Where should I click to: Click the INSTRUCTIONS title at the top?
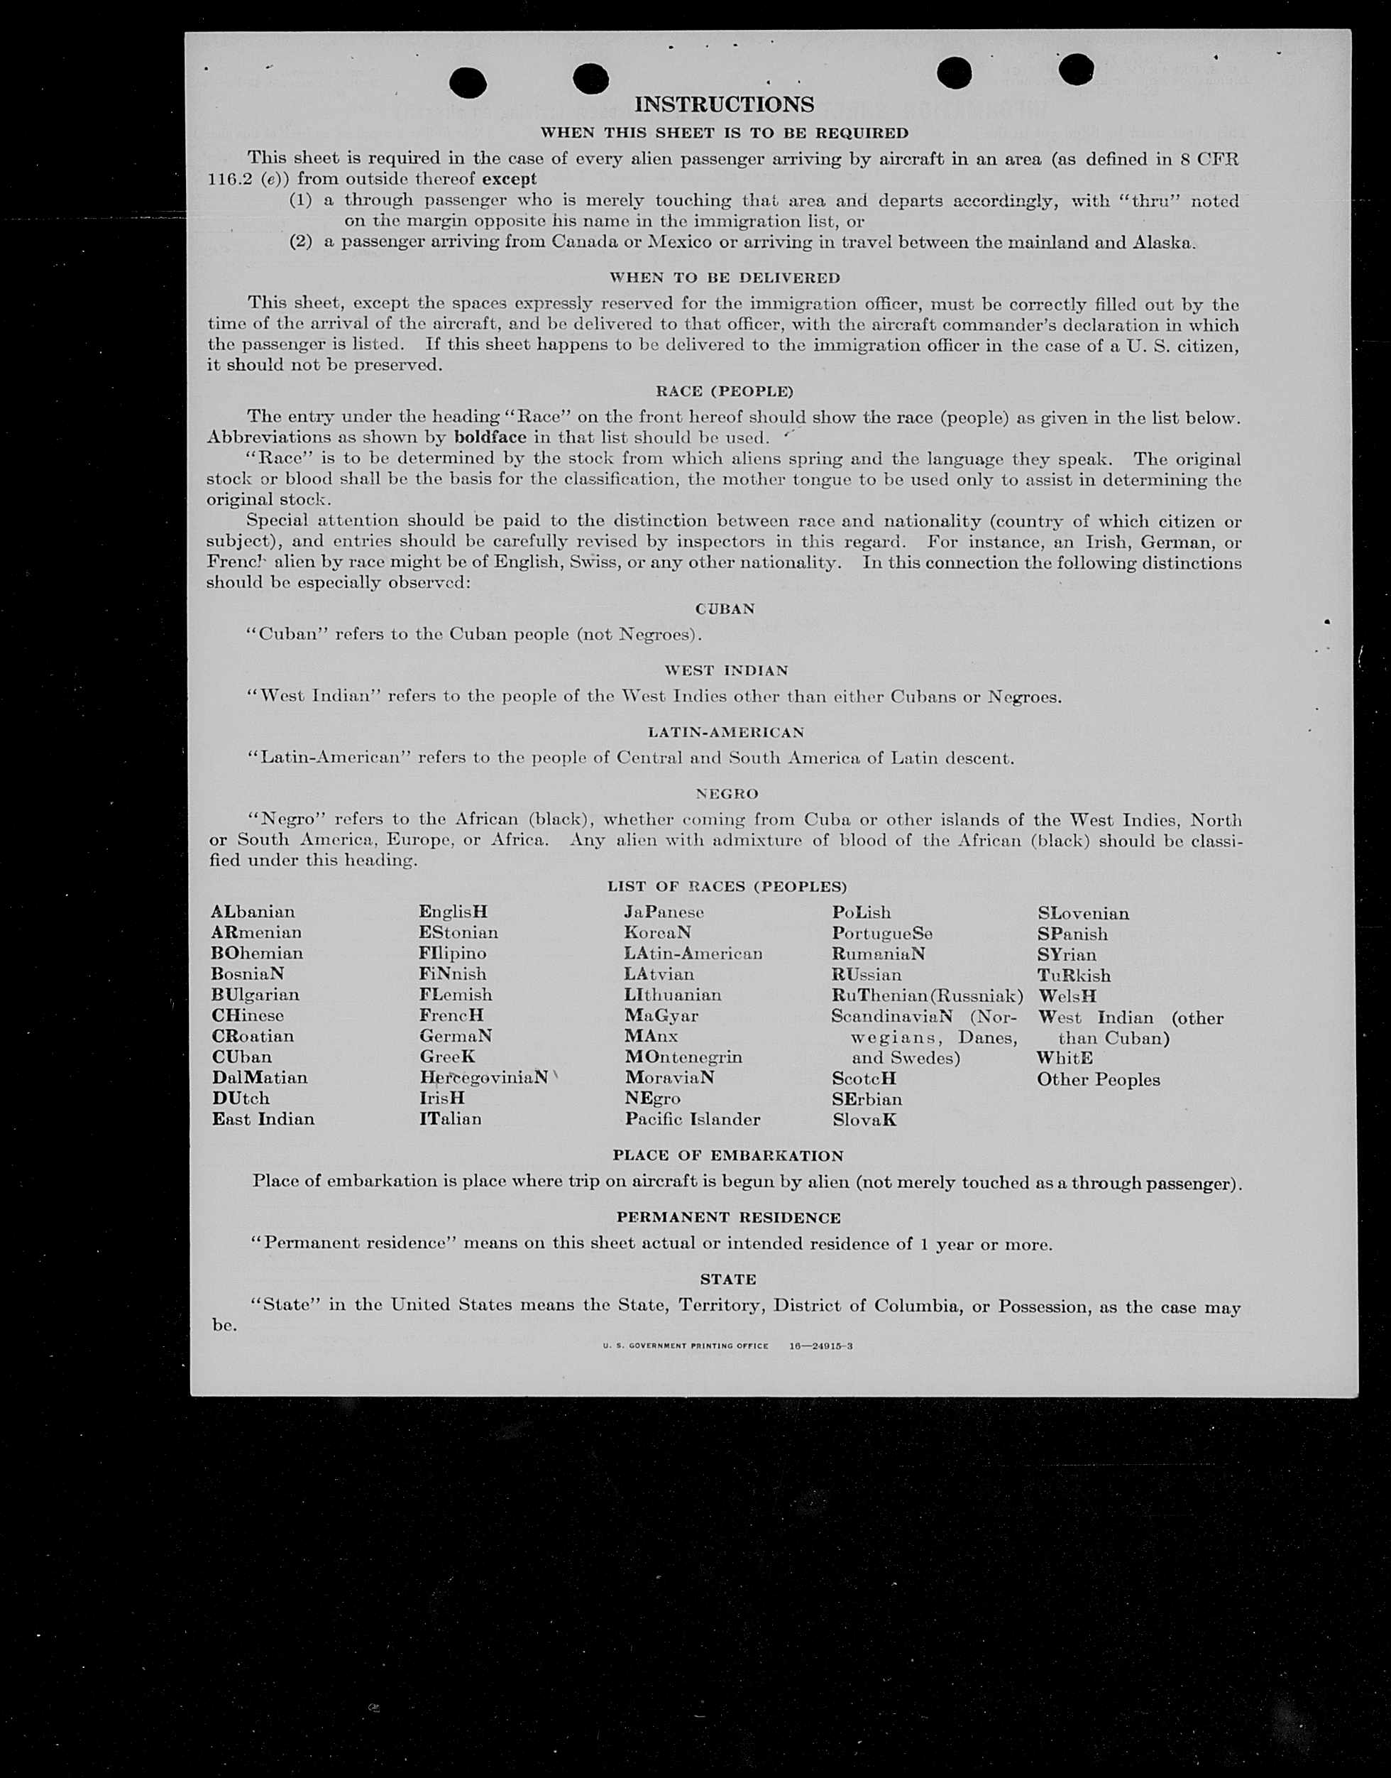point(723,104)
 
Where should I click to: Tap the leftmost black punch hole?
point(468,82)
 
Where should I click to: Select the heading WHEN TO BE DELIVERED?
point(724,278)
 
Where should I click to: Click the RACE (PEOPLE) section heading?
point(724,392)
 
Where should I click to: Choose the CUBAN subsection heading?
point(725,609)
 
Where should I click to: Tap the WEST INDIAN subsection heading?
point(725,670)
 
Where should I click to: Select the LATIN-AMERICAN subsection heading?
point(725,732)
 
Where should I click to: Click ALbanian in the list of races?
point(253,912)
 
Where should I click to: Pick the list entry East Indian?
point(263,1119)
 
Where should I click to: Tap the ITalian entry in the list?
point(451,1119)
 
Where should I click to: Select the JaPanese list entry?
point(664,912)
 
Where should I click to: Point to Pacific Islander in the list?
point(692,1120)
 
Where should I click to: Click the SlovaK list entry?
point(864,1120)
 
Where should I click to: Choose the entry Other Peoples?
point(1098,1080)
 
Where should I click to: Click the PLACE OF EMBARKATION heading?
point(727,1155)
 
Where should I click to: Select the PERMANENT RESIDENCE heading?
point(728,1217)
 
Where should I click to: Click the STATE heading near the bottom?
point(728,1280)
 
